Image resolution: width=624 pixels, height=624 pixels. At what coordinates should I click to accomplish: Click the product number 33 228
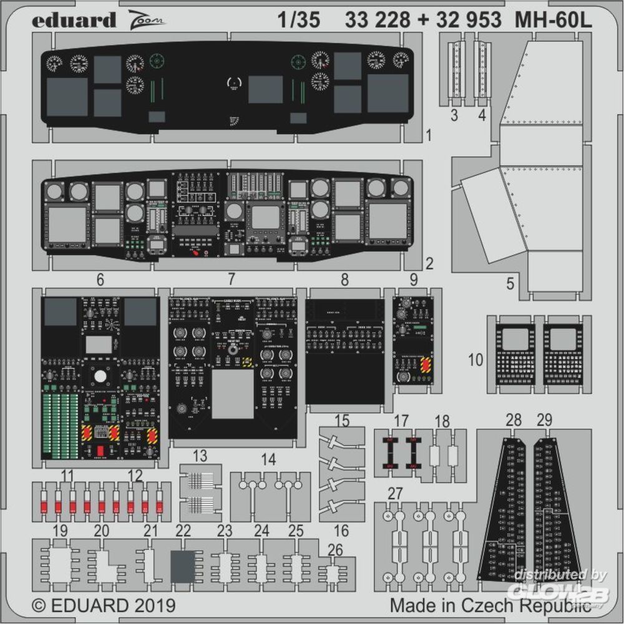tap(377, 21)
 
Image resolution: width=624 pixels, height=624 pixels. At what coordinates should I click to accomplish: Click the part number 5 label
tap(510, 284)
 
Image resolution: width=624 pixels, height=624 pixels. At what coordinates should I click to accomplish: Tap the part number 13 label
tap(200, 456)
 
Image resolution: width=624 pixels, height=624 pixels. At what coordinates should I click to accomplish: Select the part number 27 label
tap(395, 494)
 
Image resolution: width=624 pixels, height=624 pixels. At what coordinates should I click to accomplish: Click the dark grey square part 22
tap(183, 567)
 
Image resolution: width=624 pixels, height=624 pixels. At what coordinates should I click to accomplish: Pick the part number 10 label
tap(476, 360)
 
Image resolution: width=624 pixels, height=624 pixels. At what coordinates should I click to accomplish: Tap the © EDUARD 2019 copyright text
tap(103, 605)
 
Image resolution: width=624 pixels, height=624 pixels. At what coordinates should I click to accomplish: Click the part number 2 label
tap(429, 264)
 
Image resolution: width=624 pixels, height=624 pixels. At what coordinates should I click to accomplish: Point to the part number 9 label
tap(414, 280)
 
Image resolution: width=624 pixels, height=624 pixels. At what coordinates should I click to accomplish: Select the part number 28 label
tap(514, 420)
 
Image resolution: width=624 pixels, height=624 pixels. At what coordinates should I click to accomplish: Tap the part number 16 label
tap(342, 531)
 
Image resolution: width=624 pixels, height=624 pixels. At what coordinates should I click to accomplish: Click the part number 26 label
tap(335, 550)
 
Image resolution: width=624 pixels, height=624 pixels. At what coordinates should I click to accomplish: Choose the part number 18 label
tap(442, 421)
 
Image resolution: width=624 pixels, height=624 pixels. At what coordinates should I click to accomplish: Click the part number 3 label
tap(454, 115)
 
